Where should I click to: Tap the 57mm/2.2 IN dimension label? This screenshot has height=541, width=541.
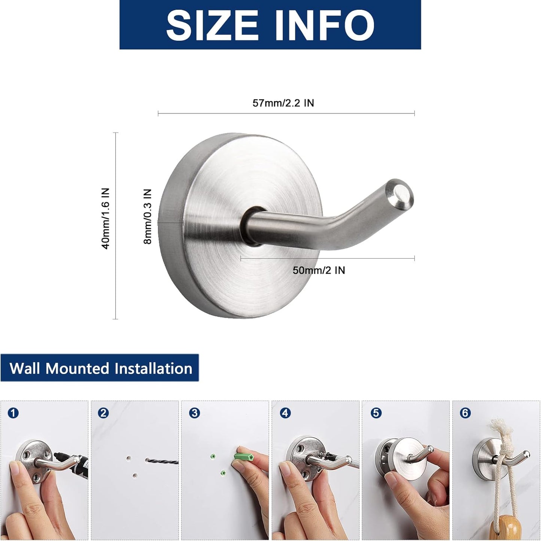(x=283, y=103)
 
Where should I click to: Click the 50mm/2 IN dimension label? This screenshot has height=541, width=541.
(x=319, y=270)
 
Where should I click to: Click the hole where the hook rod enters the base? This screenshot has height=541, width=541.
(x=250, y=225)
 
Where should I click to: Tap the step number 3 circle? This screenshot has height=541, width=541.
(x=194, y=413)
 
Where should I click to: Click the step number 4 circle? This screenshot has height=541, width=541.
(x=285, y=413)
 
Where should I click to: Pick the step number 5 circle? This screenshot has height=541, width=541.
(x=376, y=413)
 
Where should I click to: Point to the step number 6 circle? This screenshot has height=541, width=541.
(x=465, y=413)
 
